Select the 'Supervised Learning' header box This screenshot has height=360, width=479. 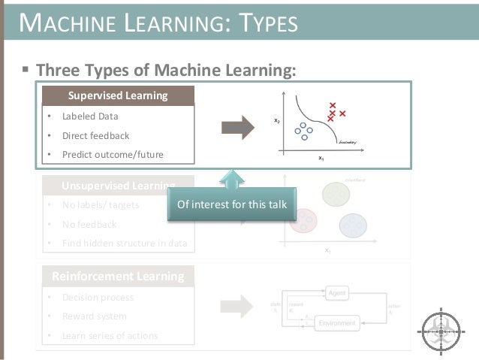(118, 95)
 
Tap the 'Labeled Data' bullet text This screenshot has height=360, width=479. (90, 116)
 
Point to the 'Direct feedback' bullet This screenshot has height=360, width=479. (95, 136)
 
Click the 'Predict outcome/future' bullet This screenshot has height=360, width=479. (113, 155)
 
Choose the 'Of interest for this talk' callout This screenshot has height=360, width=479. (231, 204)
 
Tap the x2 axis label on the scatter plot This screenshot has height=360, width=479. (277, 120)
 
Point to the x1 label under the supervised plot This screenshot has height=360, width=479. (321, 159)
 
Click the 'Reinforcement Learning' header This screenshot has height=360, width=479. (118, 276)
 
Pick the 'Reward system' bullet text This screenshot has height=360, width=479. (95, 316)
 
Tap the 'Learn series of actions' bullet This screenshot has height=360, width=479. (110, 335)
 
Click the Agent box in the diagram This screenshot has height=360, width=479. (337, 291)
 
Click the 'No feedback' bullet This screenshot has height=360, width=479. (89, 224)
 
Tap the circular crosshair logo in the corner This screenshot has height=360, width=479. (442, 329)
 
